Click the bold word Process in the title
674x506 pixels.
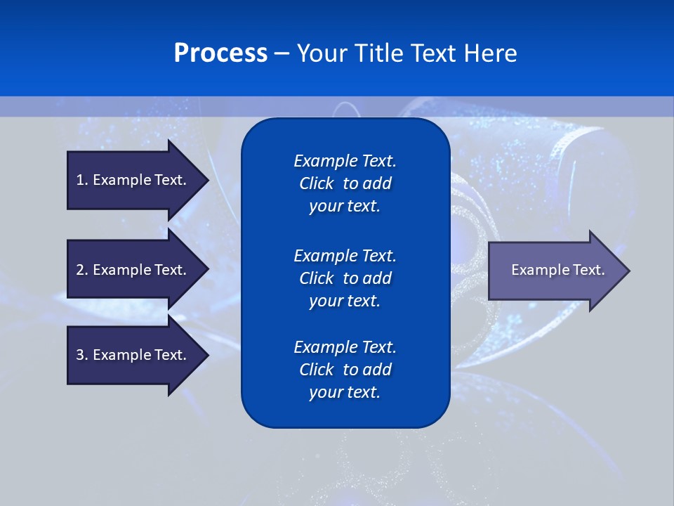click(x=220, y=53)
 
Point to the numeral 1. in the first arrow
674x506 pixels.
click(x=81, y=180)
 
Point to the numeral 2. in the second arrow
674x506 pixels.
click(x=82, y=270)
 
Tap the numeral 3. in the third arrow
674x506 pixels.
click(x=82, y=355)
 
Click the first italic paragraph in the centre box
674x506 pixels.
click(x=345, y=183)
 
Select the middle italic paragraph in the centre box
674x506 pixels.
click(x=345, y=278)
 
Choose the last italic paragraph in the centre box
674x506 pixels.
click(x=345, y=370)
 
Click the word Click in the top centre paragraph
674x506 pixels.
click(x=316, y=183)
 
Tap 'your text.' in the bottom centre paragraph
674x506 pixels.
click(x=345, y=392)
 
